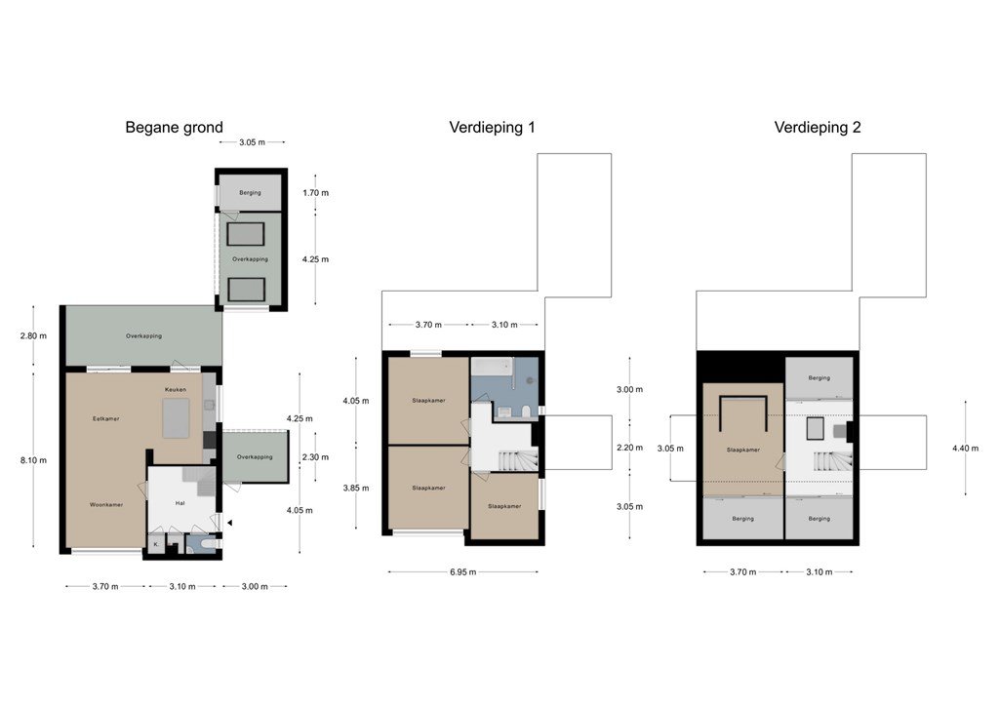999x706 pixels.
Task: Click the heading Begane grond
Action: pos(174,128)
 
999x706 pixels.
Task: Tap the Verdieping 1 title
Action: pos(492,128)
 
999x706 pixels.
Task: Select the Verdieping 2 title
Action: pos(818,128)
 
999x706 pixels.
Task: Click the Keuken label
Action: pos(176,390)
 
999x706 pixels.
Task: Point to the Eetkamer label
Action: pos(105,419)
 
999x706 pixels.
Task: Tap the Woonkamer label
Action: pos(106,505)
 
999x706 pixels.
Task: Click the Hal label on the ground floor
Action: pos(180,503)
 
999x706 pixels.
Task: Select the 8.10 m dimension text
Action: pos(33,460)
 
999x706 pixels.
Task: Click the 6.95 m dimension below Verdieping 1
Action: pos(463,572)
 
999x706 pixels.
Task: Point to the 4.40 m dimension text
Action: pos(965,449)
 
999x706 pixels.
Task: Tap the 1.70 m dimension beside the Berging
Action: pos(315,193)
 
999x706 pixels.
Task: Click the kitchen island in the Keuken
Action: pos(176,418)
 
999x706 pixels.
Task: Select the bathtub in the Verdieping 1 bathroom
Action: pos(492,366)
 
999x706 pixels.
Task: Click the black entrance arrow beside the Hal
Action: pos(229,523)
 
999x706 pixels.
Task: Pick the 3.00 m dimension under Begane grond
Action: pos(255,586)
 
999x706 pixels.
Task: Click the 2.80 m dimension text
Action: pos(33,336)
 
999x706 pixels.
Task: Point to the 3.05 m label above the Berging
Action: pos(253,142)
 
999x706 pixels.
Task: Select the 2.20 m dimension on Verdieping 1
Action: pos(629,448)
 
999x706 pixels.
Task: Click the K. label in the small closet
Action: pos(156,545)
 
